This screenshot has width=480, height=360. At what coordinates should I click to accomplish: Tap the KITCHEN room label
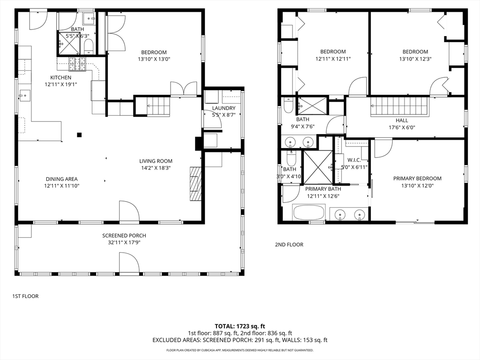[x=61, y=77]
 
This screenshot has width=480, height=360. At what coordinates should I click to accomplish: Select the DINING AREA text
[x=61, y=179]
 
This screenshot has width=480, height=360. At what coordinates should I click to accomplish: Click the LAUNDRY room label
[x=224, y=108]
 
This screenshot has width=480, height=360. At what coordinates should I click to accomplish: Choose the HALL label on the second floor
[x=402, y=120]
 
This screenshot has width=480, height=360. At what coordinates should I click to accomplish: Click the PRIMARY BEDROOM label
[x=417, y=178]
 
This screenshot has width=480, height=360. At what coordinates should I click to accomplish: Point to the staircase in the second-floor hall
[x=400, y=106]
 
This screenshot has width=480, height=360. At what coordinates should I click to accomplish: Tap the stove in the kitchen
[x=77, y=64]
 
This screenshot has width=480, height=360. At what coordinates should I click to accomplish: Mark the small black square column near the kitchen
[x=79, y=135]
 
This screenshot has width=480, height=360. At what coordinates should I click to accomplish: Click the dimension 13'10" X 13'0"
[x=153, y=59]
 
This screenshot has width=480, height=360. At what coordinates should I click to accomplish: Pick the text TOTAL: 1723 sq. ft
[x=240, y=326]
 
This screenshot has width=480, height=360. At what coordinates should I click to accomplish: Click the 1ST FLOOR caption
[x=25, y=296]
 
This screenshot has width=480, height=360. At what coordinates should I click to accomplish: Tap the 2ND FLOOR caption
[x=289, y=245]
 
